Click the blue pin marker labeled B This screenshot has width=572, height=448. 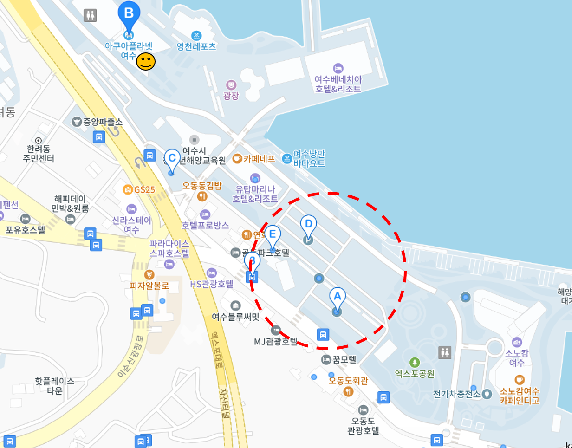129,14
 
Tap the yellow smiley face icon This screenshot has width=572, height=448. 146,61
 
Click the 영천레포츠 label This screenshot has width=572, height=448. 196,46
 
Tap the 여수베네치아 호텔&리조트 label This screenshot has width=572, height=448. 338,84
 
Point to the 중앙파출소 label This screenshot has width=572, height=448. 102,122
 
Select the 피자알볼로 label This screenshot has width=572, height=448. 149,286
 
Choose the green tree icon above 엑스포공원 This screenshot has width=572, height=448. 414,362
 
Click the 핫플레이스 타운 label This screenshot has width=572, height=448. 55,386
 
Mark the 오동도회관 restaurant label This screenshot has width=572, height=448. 348,381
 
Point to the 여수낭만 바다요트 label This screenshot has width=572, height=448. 309,159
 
